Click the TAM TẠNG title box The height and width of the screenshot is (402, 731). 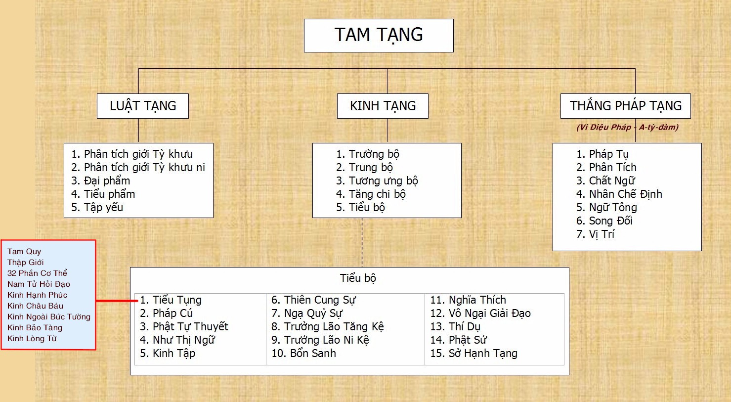(x=379, y=36)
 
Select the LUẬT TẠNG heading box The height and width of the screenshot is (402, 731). (x=143, y=106)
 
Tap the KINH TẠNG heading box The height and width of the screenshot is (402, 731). (x=383, y=106)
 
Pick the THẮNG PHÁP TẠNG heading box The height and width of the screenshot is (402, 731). (x=626, y=106)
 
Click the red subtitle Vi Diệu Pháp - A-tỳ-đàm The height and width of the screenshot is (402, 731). (x=628, y=127)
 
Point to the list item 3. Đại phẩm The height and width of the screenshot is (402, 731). (x=100, y=181)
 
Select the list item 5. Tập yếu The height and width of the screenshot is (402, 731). (x=97, y=208)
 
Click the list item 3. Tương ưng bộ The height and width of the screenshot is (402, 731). (x=377, y=181)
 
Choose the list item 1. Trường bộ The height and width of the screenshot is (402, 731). (x=367, y=154)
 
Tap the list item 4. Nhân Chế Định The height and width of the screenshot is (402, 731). (x=619, y=194)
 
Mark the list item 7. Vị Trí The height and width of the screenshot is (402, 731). (x=595, y=234)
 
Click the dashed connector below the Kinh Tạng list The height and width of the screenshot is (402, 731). (x=362, y=243)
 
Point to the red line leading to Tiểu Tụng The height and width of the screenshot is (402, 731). (x=117, y=301)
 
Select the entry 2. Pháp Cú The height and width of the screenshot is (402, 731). (x=166, y=313)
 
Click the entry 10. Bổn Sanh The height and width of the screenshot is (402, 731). (x=303, y=354)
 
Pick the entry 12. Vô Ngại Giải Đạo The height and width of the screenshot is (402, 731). (x=480, y=313)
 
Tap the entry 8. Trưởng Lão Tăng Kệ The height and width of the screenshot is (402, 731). (x=327, y=327)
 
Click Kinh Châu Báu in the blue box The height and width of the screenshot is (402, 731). (x=35, y=306)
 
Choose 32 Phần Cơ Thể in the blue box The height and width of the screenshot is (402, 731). (x=37, y=273)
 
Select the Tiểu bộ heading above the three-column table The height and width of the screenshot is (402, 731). (x=358, y=278)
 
